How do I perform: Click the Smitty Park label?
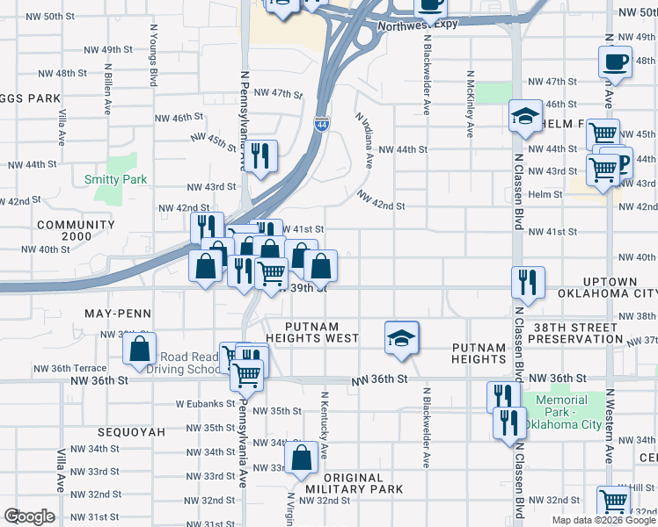coord(114,179)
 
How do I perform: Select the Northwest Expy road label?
coord(418,25)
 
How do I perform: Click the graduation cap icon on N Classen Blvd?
coord(525,118)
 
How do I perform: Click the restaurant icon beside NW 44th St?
coord(260,157)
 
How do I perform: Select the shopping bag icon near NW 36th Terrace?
coord(140,349)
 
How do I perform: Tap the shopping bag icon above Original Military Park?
coord(301,458)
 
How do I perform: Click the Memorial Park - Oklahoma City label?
coord(563,412)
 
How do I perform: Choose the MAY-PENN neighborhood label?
coord(118,314)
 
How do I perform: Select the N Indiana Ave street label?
coord(363,140)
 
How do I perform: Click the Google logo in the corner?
coord(28,516)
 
